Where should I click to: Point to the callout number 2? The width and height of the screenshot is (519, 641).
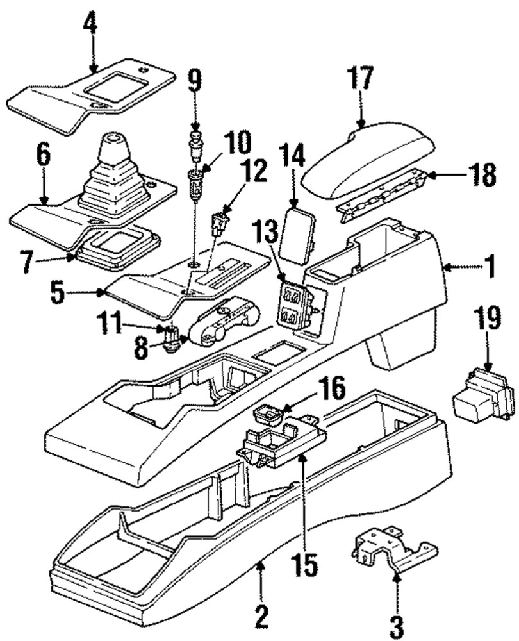coord(261,617)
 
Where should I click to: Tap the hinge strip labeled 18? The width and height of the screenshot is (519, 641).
coord(381,194)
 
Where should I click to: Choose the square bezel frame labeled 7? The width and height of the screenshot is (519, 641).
coord(118,248)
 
